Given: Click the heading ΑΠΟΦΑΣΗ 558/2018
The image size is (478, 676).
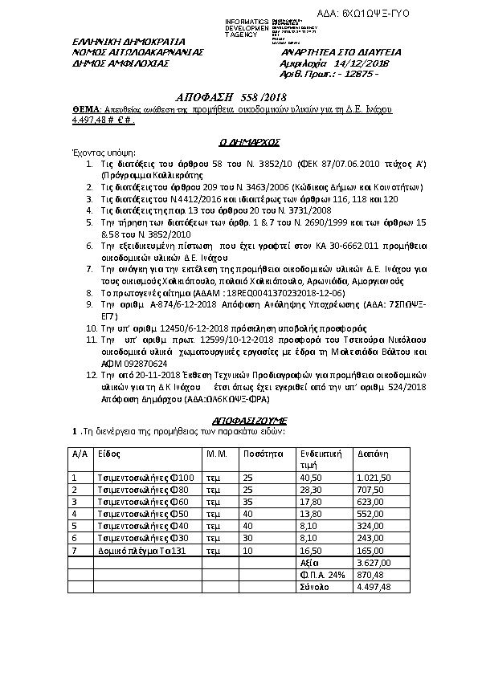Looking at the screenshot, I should coord(219,96).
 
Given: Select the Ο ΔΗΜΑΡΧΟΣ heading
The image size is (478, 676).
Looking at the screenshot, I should coord(249,141).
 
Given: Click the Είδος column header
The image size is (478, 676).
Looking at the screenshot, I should coord(109,454).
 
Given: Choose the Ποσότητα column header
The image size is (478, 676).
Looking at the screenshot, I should coord(262,454).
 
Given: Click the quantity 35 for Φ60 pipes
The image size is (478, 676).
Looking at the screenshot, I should coord(248,501).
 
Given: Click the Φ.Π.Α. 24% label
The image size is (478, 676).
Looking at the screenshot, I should coord(320,575).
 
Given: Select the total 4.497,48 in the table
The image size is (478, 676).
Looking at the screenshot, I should coord(373,587).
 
